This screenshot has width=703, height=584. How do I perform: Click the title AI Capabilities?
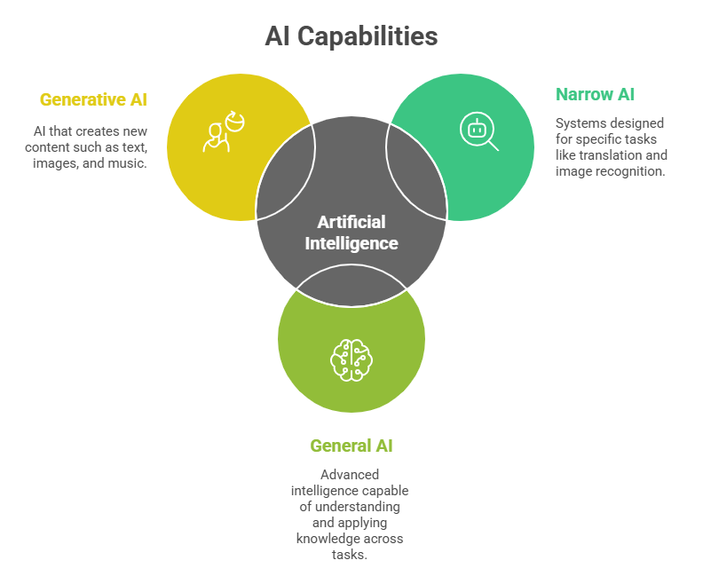click(351, 36)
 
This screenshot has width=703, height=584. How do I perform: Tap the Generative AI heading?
click(93, 99)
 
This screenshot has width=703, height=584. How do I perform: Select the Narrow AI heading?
click(595, 94)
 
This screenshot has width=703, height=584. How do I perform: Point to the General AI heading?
click(351, 446)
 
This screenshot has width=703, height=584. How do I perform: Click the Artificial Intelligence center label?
click(351, 233)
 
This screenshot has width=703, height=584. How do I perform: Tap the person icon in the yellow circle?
click(222, 131)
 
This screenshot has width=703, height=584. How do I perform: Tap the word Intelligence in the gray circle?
click(351, 242)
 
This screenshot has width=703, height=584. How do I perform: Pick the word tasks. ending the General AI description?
click(351, 555)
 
